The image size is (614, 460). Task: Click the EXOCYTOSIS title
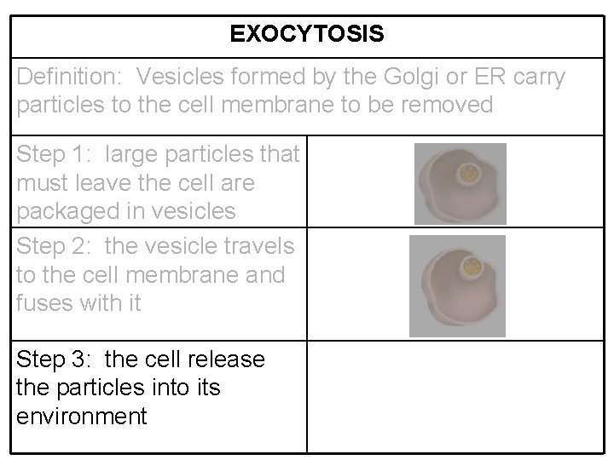tap(307, 35)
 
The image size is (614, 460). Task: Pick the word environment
tap(82, 417)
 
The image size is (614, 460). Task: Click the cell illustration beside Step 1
tap(460, 183)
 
